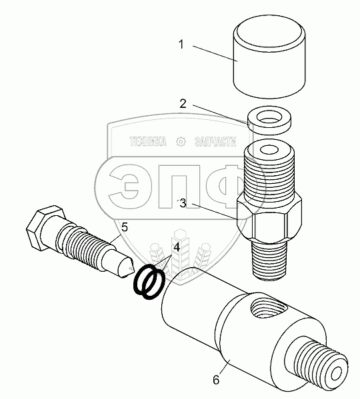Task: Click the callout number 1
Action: (x=181, y=45)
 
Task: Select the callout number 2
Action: (x=183, y=104)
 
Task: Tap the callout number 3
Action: (x=183, y=204)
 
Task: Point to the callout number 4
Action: (x=177, y=247)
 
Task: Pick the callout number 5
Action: (x=125, y=227)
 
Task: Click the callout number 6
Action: (x=216, y=380)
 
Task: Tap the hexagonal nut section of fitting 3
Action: (x=269, y=219)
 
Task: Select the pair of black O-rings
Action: (x=149, y=282)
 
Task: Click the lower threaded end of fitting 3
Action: (x=270, y=261)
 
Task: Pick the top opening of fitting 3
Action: (x=269, y=149)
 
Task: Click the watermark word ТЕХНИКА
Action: (x=147, y=141)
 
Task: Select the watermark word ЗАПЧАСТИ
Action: (x=215, y=141)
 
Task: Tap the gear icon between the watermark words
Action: (x=181, y=141)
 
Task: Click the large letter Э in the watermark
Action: (x=124, y=186)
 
